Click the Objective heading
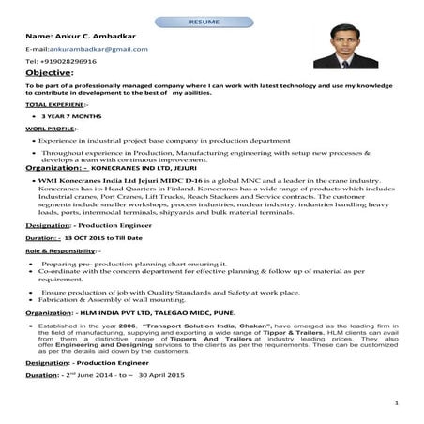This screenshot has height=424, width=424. [49, 72]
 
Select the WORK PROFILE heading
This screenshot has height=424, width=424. [50, 128]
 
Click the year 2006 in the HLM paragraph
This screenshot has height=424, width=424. [128, 325]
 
